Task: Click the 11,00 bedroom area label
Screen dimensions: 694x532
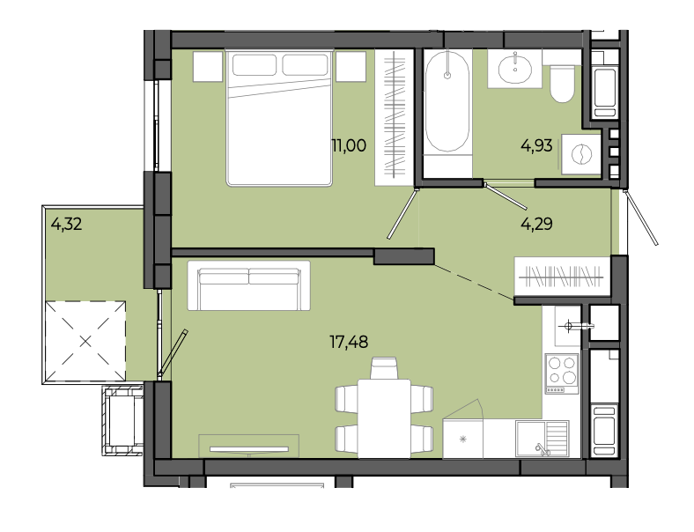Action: (x=349, y=145)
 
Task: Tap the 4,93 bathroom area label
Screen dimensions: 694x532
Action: (x=536, y=145)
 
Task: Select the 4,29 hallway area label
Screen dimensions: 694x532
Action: (x=536, y=224)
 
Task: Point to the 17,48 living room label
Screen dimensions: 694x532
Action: (x=349, y=342)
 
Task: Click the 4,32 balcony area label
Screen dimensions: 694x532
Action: (x=66, y=224)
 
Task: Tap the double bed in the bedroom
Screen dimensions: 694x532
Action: (x=279, y=118)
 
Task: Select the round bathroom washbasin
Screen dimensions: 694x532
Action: (x=515, y=68)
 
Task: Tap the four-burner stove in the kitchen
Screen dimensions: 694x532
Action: (x=562, y=373)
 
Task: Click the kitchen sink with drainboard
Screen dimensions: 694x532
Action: (x=543, y=439)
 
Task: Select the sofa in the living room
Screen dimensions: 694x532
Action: (x=248, y=285)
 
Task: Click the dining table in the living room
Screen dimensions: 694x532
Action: (x=384, y=418)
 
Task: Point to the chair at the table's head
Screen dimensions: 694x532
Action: (x=384, y=368)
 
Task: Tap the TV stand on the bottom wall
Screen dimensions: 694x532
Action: (x=248, y=447)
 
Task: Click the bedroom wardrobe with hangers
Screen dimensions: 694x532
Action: (x=395, y=117)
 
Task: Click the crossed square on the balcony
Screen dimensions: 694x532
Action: (x=85, y=341)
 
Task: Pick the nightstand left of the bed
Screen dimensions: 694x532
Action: (x=208, y=66)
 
